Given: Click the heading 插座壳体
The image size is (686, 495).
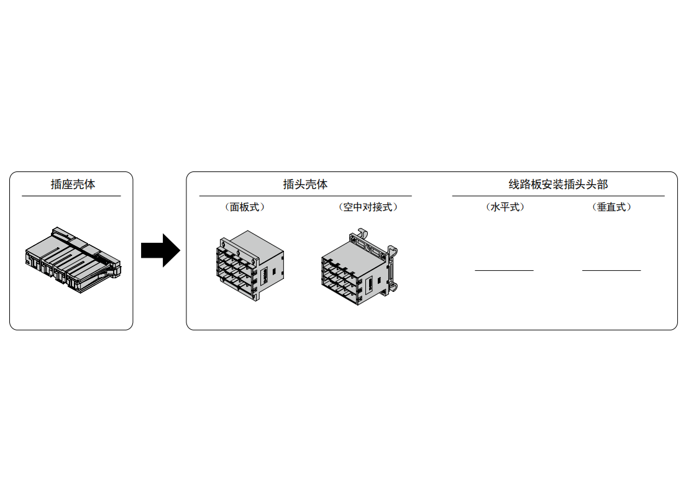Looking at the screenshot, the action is pos(73,184).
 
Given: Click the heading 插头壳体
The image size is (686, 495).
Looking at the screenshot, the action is pos(305,184).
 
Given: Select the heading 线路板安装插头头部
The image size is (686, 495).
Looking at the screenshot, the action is pos(558,184).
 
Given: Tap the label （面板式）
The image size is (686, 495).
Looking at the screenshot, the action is pos(245,207).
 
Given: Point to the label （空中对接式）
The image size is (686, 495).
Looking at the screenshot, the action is pos(368,207).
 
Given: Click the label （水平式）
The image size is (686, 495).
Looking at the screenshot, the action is pos(505,207).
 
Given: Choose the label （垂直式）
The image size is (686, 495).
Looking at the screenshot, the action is pos(611,207).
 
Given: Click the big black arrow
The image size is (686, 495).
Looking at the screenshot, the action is pos(160,250).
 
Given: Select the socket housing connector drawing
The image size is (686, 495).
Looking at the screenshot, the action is pos(73,260).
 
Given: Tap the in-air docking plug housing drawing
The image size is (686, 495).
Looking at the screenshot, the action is pos(359,266).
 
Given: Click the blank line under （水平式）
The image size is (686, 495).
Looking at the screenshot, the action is pos(504,271).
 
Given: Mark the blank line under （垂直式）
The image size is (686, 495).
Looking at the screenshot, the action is pos(611,271).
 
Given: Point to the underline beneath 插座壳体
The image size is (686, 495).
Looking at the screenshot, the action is pos(71,196).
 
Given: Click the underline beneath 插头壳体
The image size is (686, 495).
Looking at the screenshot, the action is pos(305,196).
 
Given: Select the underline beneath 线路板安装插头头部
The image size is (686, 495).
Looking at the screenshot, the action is pos(558,196).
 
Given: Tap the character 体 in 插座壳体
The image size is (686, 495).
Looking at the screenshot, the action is pos(89,184).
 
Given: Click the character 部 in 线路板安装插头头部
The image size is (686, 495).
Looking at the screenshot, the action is pos(603,184).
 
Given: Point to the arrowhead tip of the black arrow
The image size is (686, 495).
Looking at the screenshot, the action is pos(180,250).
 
